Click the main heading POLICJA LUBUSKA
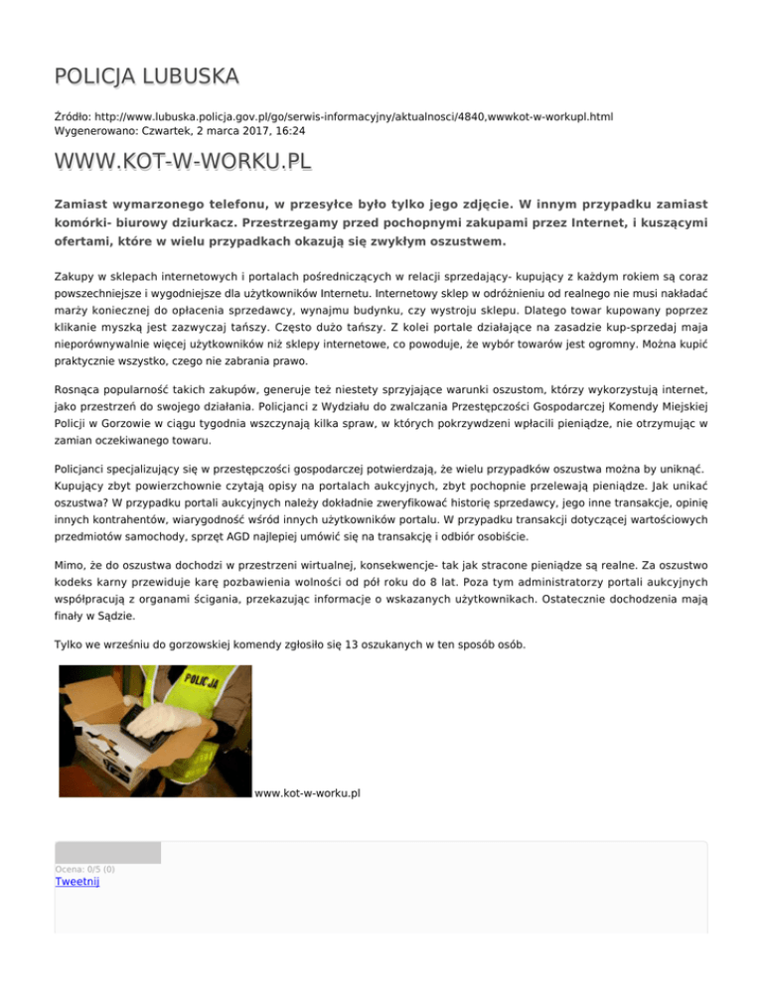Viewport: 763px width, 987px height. (x=147, y=76)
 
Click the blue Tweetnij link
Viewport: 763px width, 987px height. (x=77, y=881)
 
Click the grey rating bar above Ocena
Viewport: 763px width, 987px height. (x=107, y=852)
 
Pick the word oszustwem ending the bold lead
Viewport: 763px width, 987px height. (x=465, y=241)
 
